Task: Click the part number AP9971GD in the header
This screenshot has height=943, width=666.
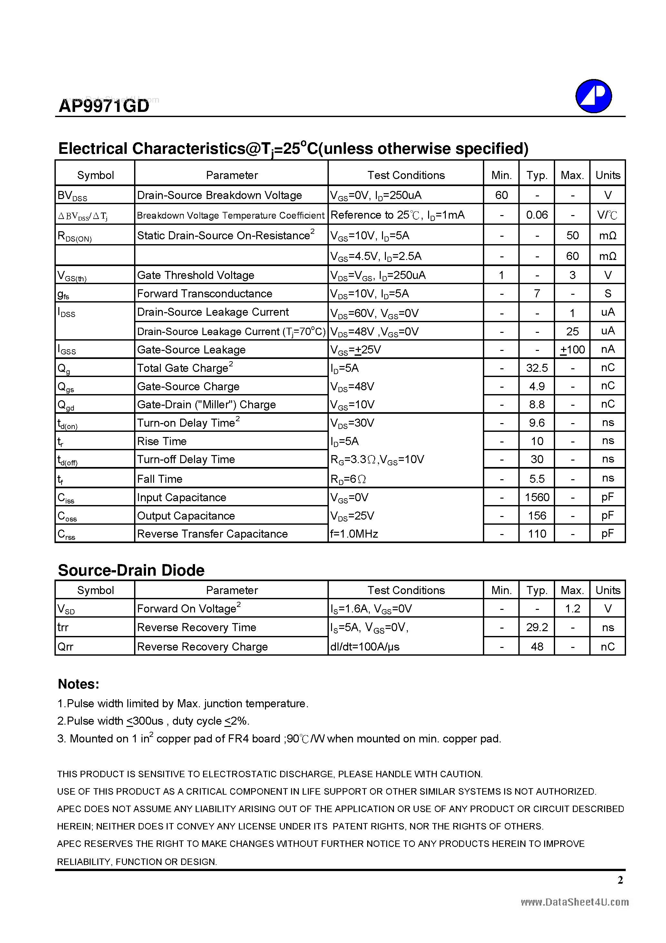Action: pyautogui.click(x=104, y=106)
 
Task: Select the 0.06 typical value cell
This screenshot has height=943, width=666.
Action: pyautogui.click(x=537, y=215)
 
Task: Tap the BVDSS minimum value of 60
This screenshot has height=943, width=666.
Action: pyautogui.click(x=501, y=195)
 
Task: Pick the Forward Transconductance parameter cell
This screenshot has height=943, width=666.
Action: pyautogui.click(x=204, y=293)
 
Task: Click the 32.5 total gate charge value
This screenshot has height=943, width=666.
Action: pyautogui.click(x=537, y=368)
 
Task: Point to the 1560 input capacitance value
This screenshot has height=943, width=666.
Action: pyautogui.click(x=537, y=497)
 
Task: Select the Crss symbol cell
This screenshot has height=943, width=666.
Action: pyautogui.click(x=66, y=534)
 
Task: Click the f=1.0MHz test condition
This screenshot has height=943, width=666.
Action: pyautogui.click(x=354, y=534)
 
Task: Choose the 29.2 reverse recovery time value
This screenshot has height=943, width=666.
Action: pyautogui.click(x=537, y=627)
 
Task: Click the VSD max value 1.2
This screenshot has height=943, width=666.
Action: pyautogui.click(x=573, y=609)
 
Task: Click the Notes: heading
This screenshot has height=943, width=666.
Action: pyautogui.click(x=78, y=684)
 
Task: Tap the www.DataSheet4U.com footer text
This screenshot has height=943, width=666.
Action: pyautogui.click(x=574, y=902)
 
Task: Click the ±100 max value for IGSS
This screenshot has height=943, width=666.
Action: pyautogui.click(x=573, y=350)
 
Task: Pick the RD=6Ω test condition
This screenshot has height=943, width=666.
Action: pyautogui.click(x=348, y=479)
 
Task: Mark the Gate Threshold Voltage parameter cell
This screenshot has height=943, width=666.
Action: pyautogui.click(x=195, y=275)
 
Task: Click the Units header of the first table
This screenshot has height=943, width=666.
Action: pyautogui.click(x=608, y=175)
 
